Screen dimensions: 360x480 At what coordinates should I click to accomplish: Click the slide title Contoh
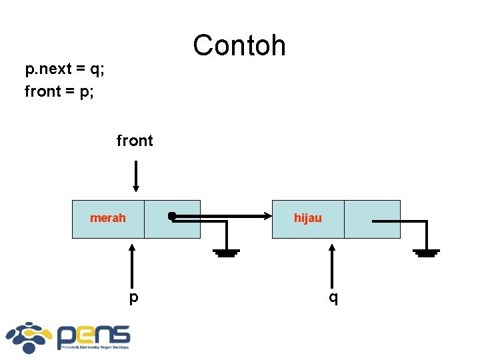pyautogui.click(x=239, y=45)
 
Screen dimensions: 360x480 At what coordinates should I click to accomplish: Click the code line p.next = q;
pyautogui.click(x=65, y=69)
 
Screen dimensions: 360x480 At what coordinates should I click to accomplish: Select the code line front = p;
pyautogui.click(x=59, y=91)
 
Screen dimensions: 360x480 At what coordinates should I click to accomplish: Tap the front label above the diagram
pyautogui.click(x=135, y=141)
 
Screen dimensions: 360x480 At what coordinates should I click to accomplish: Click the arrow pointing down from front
pyautogui.click(x=135, y=176)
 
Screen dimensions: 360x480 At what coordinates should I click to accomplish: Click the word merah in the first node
pyautogui.click(x=108, y=218)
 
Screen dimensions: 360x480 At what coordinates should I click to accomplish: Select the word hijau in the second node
pyautogui.click(x=308, y=218)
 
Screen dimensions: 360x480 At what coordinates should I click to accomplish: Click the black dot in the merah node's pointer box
pyautogui.click(x=172, y=216)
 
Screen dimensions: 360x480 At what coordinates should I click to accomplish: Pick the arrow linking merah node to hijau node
pyautogui.click(x=227, y=216)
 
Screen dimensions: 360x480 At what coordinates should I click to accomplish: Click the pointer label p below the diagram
pyautogui.click(x=134, y=297)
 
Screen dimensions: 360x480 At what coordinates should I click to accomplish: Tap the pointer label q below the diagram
pyautogui.click(x=333, y=297)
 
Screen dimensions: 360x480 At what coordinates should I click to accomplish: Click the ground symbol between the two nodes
pyautogui.click(x=227, y=252)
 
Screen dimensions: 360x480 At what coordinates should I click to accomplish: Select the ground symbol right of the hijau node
pyautogui.click(x=426, y=252)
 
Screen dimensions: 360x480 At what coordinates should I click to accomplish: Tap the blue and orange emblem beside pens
pyautogui.click(x=29, y=337)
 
